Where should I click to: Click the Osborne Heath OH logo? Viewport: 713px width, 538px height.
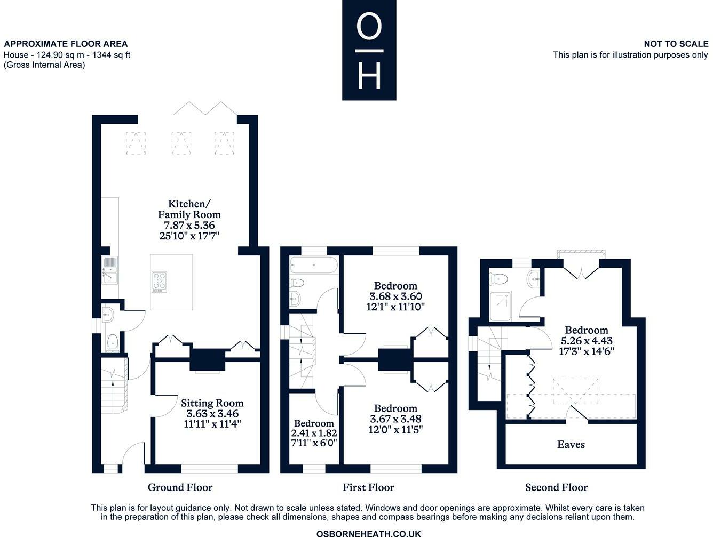tap(369, 50)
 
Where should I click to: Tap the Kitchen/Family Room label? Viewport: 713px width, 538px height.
tap(189, 209)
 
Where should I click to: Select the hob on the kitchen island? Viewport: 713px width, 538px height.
tap(159, 282)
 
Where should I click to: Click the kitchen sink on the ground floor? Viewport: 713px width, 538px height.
tap(109, 270)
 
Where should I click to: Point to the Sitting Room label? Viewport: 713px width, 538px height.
tap(212, 403)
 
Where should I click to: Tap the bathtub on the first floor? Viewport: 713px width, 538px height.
tap(314, 265)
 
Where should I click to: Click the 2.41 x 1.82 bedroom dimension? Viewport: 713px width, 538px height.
tap(314, 433)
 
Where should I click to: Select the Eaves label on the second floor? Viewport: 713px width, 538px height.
tap(571, 444)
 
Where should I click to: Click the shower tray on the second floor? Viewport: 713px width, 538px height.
tap(500, 306)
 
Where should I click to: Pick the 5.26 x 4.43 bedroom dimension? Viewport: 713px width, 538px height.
tap(587, 340)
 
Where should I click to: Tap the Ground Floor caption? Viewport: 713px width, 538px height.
tap(180, 487)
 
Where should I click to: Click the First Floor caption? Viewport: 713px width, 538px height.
tap(368, 487)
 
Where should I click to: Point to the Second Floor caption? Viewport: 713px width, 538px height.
tap(557, 487)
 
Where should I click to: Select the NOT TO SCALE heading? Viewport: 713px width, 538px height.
tap(676, 44)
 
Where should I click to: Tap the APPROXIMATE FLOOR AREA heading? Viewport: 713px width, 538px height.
tap(66, 44)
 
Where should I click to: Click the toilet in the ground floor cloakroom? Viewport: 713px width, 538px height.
tap(113, 343)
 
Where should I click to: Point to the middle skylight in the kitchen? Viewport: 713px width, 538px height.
tap(181, 143)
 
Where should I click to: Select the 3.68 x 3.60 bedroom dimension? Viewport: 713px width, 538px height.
tap(395, 296)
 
